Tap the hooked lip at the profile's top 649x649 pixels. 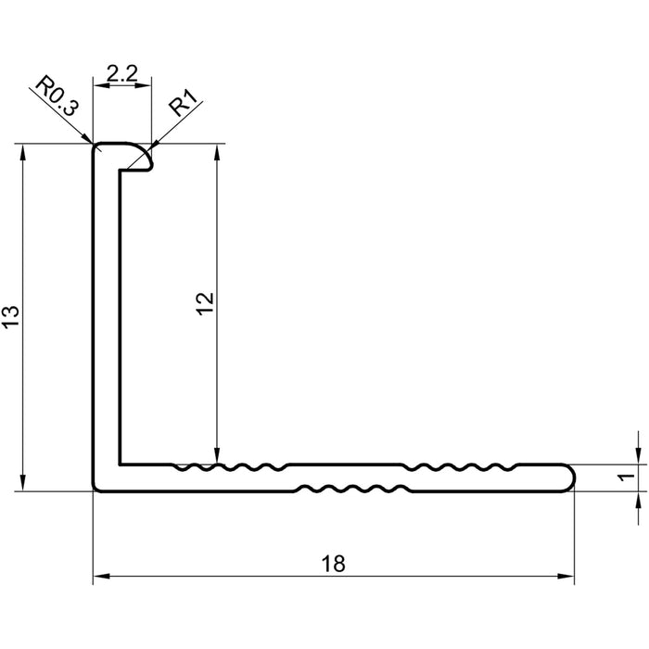(x=139, y=158)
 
